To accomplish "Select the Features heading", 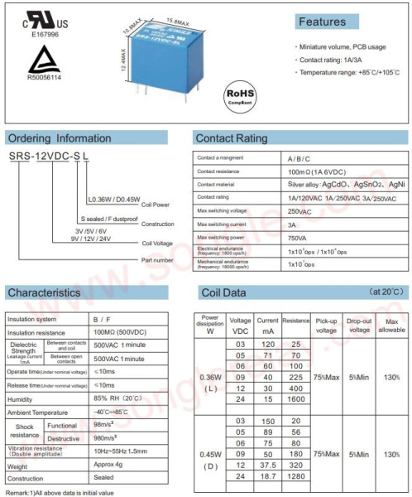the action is [322, 22].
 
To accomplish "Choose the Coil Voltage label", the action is [157, 244].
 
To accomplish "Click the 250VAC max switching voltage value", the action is [300, 212].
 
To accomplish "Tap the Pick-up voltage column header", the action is [327, 325].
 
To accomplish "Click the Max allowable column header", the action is [391, 325].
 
